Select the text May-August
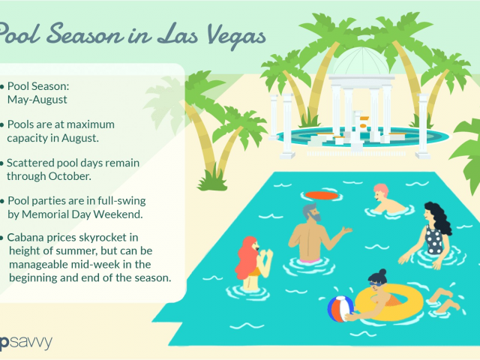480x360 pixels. coord(37,100)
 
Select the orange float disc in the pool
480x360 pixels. coord(322,195)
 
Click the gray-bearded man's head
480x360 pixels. coord(312,211)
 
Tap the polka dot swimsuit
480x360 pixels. coord(434,239)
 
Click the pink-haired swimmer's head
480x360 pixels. coord(380,192)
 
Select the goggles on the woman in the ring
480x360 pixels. coord(376,284)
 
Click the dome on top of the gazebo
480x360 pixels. coord(361,61)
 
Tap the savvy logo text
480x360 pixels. coord(30,343)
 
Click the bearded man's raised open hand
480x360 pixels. coord(346,230)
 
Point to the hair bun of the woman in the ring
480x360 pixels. coord(382,272)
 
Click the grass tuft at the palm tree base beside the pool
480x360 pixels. coord(213,181)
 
